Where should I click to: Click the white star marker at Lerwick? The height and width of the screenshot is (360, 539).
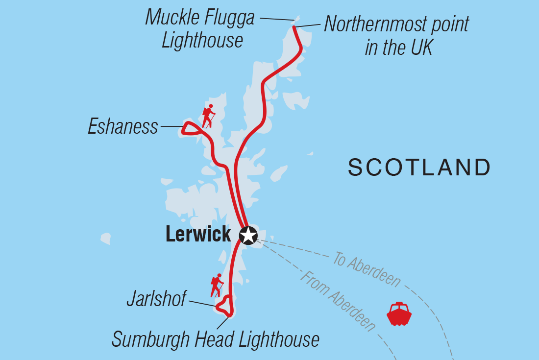coord(248,235)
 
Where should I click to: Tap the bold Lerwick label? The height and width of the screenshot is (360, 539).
coord(198,234)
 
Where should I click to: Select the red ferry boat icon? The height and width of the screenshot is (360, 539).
coord(399,314)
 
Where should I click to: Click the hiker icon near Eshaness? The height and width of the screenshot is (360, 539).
coord(209,116)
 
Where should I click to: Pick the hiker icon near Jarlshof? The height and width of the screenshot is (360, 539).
coord(217,286)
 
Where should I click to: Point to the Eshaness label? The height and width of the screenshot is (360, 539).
coord(123,127)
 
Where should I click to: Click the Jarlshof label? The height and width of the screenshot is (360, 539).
coord(156,299)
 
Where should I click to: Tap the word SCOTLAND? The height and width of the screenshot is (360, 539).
coord(419,168)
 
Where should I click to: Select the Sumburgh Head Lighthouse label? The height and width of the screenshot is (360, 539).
coord(215,339)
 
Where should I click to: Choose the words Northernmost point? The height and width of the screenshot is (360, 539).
coord(396,24)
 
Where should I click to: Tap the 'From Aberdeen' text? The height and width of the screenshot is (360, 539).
coord(338,301)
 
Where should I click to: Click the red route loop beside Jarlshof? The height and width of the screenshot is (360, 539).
coord(225,307)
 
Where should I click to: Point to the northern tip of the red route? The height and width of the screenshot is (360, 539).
coord(294,27)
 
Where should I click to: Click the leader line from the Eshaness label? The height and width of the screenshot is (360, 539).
coord(171,126)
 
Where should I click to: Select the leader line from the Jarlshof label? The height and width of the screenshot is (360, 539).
coord(202,304)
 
